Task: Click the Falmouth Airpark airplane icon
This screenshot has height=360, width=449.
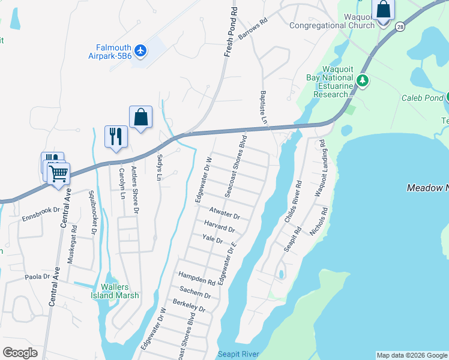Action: pyautogui.click(x=140, y=50)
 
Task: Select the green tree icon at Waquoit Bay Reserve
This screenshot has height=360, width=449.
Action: pyautogui.click(x=362, y=80)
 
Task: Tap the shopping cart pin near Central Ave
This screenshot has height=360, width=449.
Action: pyautogui.click(x=58, y=173)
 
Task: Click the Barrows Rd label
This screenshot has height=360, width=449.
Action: pyautogui.click(x=252, y=28)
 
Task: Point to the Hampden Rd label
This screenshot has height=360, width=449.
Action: pyautogui.click(x=196, y=278)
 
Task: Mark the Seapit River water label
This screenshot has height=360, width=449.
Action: pyautogui.click(x=238, y=354)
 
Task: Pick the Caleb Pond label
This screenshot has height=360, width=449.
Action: pyautogui.click(x=423, y=97)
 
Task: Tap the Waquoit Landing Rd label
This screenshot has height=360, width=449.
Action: pyautogui.click(x=319, y=169)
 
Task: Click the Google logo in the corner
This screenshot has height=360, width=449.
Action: pyautogui.click(x=20, y=353)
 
